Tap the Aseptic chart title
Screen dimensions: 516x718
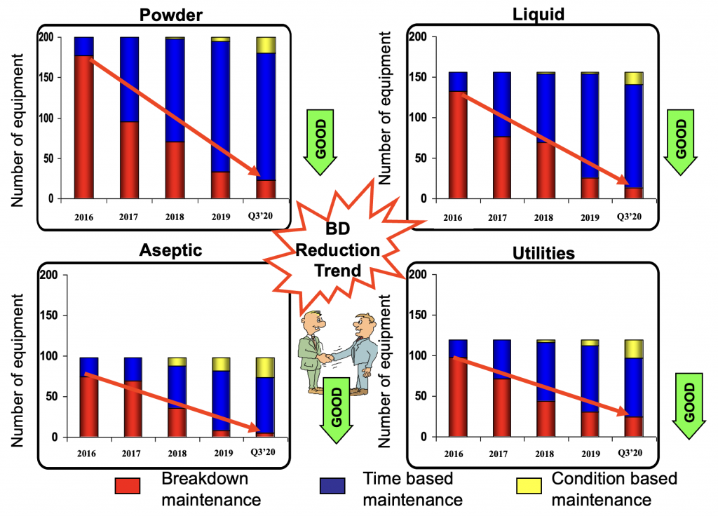(171, 252)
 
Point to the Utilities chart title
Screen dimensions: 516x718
(540, 253)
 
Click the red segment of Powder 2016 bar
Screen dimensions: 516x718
(84, 126)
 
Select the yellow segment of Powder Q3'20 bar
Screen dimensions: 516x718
(266, 45)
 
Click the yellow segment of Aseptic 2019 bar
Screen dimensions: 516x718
(221, 364)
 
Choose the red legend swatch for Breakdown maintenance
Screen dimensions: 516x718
(128, 486)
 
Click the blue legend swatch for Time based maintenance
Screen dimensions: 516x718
(333, 486)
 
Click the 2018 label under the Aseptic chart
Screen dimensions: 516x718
(175, 453)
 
